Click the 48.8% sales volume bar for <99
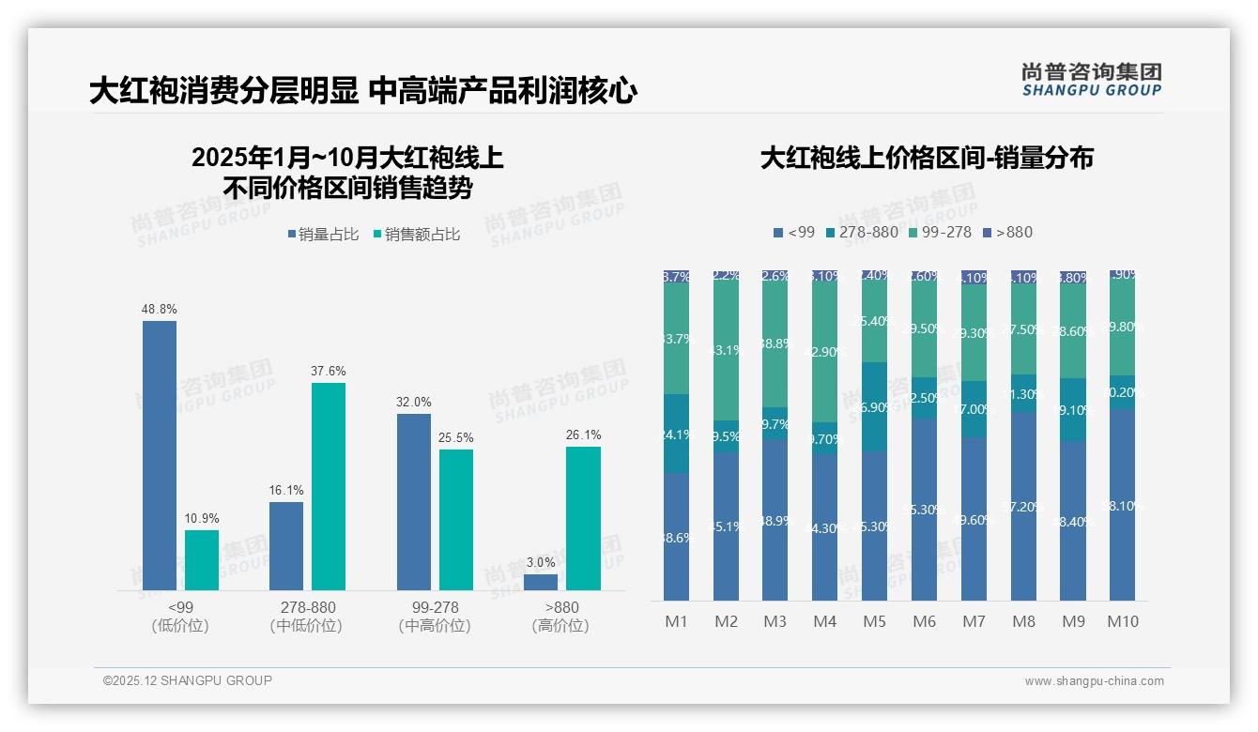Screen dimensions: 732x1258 click(160, 455)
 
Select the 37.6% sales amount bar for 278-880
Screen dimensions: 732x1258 click(329, 486)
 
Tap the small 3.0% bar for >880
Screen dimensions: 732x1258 click(540, 582)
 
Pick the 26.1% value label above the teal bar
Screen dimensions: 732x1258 click(583, 435)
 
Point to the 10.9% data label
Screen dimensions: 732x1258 click(201, 518)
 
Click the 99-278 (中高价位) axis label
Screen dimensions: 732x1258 click(435, 617)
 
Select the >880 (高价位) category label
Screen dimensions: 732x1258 click(560, 617)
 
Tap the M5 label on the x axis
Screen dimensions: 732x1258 click(874, 621)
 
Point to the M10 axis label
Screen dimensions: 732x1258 click(1122, 621)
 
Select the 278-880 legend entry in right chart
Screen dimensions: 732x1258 click(860, 232)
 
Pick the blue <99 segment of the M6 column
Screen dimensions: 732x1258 click(924, 509)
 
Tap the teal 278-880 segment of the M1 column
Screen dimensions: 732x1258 click(676, 434)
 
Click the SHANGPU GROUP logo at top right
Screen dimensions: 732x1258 click(1091, 80)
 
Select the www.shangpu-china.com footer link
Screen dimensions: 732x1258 click(1094, 681)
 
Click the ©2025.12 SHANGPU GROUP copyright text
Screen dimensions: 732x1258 click(188, 680)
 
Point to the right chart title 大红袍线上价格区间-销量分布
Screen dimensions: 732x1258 click(927, 158)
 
